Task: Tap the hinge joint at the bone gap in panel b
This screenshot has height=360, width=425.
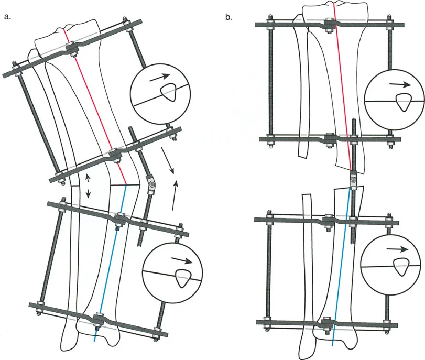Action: coord(353,181)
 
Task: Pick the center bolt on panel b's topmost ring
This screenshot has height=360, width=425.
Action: coord(329,25)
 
